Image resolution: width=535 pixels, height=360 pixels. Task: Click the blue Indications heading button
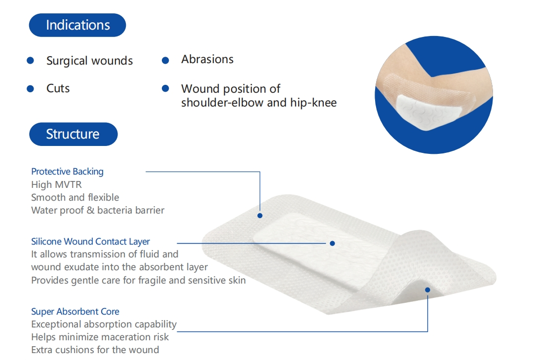pyautogui.click(x=77, y=25)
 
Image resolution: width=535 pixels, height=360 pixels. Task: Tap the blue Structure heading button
pyautogui.click(x=73, y=134)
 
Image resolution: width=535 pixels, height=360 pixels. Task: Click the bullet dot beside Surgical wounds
pyautogui.click(x=30, y=60)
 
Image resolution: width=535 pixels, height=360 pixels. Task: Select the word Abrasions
pyautogui.click(x=207, y=59)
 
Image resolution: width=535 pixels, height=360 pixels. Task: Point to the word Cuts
pyautogui.click(x=58, y=89)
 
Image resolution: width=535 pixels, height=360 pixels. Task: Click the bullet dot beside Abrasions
pyautogui.click(x=165, y=60)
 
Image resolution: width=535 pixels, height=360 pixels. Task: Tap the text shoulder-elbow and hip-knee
pyautogui.click(x=259, y=103)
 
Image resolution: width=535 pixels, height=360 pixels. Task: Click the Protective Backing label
pyautogui.click(x=67, y=172)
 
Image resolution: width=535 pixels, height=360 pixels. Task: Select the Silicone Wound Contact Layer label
pyautogui.click(x=90, y=242)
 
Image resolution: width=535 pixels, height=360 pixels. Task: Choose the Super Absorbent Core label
pyautogui.click(x=75, y=312)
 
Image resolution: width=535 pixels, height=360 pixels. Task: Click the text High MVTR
pyautogui.click(x=56, y=184)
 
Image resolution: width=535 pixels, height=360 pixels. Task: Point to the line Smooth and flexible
pyautogui.click(x=75, y=197)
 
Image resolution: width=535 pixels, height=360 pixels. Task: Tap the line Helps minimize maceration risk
pyautogui.click(x=100, y=337)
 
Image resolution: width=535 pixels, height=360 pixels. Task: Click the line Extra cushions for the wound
pyautogui.click(x=95, y=350)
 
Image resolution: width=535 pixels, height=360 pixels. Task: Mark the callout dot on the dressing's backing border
pyautogui.click(x=260, y=216)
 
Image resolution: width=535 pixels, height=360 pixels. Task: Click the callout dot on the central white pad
pyautogui.click(x=332, y=243)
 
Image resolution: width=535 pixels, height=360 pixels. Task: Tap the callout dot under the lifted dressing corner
pyautogui.click(x=427, y=290)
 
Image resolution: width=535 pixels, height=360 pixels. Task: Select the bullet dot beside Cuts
pyautogui.click(x=30, y=89)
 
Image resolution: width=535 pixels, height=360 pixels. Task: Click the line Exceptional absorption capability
pyautogui.click(x=104, y=324)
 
